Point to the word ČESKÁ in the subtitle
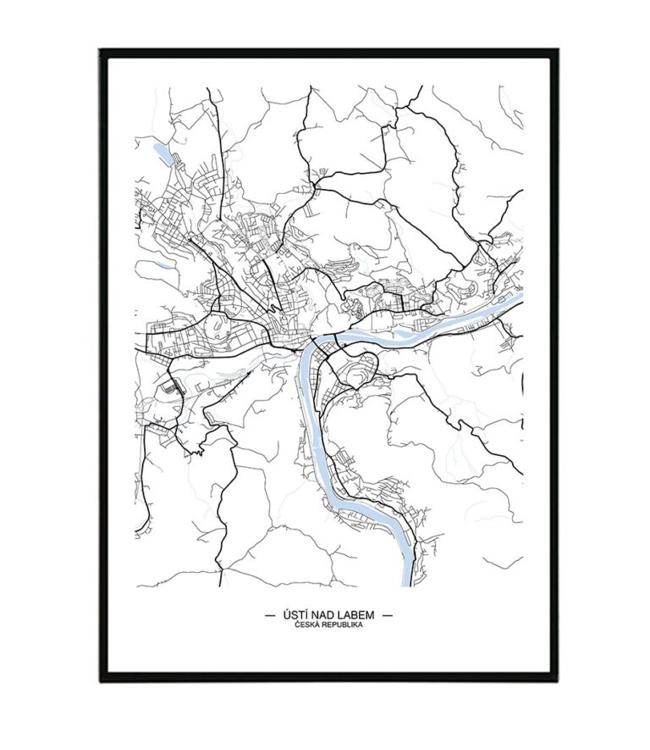pyautogui.click(x=307, y=625)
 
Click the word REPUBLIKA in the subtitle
pyautogui.click(x=340, y=625)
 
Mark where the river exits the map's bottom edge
pyautogui.click(x=410, y=584)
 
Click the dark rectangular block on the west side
pyautogui.click(x=173, y=387)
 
